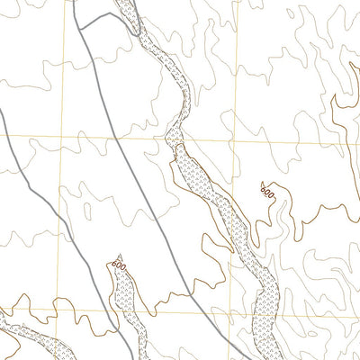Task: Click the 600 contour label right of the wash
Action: click(265, 191)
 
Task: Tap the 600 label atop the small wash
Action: click(119, 265)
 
